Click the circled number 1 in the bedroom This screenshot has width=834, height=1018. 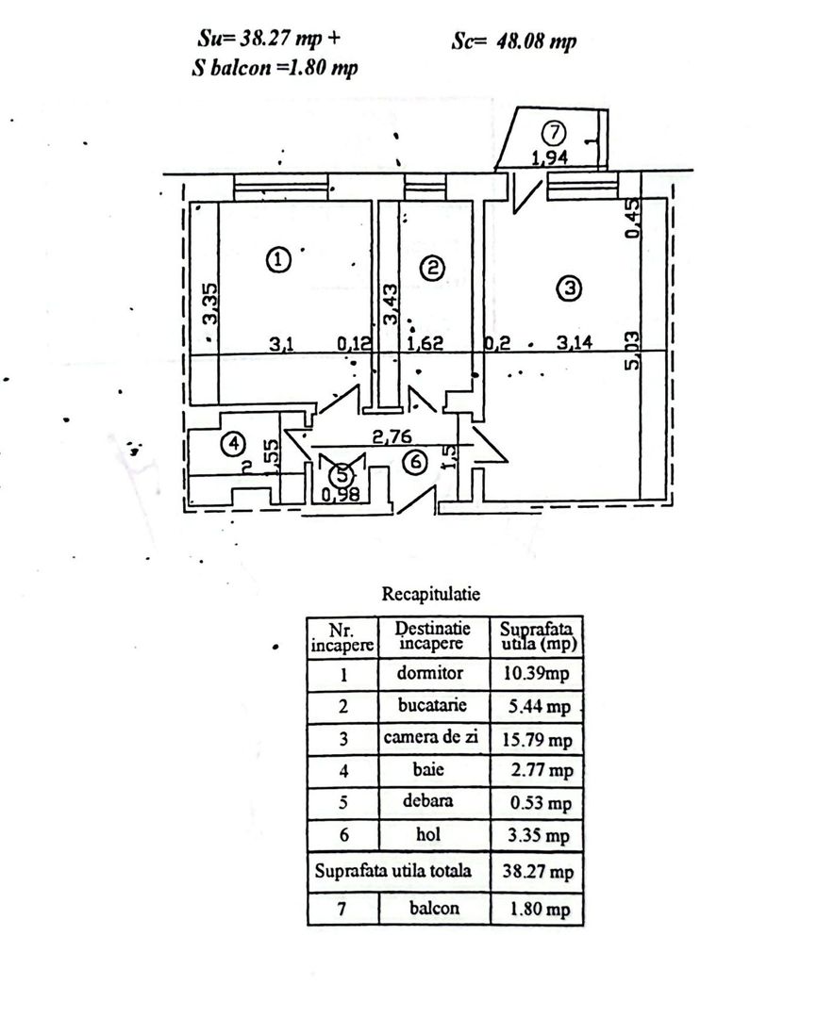click(x=278, y=260)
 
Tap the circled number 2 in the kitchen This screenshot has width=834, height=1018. click(x=433, y=268)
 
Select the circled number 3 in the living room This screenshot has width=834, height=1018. click(x=570, y=287)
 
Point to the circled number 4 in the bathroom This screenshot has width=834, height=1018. click(x=233, y=444)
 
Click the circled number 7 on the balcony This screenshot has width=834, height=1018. click(x=554, y=133)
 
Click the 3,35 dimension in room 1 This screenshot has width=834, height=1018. click(x=210, y=304)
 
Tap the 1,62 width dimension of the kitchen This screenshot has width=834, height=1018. click(x=425, y=342)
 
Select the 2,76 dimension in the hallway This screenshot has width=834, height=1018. click(x=392, y=436)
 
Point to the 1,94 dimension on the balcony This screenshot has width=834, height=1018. click(x=550, y=157)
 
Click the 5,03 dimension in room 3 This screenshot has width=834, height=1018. click(x=632, y=351)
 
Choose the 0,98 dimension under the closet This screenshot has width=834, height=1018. click(x=341, y=495)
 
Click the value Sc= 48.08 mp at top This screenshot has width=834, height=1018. click(x=513, y=41)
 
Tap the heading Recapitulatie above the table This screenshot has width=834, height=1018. click(x=431, y=594)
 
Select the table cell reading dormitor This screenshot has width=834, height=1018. click(x=430, y=673)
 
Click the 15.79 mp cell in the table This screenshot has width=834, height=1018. click(x=537, y=740)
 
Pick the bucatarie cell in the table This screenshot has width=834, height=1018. click(x=432, y=705)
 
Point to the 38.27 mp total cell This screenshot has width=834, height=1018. click(x=538, y=871)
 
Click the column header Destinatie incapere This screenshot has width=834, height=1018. click(x=432, y=635)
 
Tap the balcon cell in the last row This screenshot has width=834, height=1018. click(x=434, y=908)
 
